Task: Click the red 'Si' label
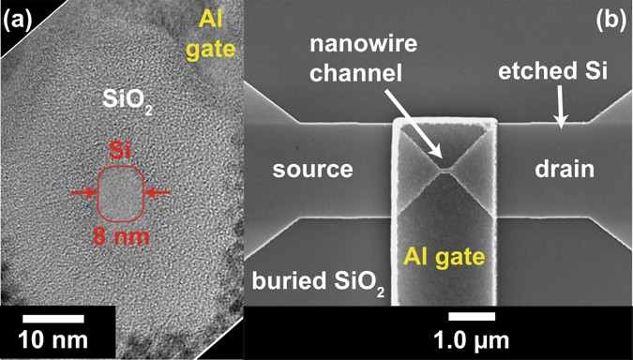(x=121, y=154)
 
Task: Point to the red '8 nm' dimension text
(x=121, y=237)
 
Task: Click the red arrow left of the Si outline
(x=84, y=193)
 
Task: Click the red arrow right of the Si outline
(x=158, y=193)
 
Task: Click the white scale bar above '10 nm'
(x=53, y=319)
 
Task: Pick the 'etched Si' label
(x=552, y=71)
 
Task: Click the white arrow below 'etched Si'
(x=562, y=106)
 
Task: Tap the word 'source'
(x=313, y=170)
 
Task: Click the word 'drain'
(x=565, y=170)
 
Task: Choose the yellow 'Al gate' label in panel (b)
(x=445, y=256)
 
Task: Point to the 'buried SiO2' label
(x=318, y=281)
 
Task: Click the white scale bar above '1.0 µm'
(x=472, y=316)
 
